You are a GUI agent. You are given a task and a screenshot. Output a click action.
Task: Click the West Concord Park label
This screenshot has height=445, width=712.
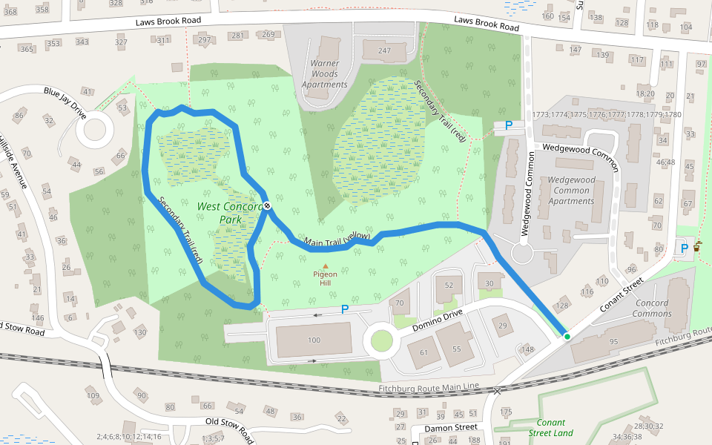tap(231, 213)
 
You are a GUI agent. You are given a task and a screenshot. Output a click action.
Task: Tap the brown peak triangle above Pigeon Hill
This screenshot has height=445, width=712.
tap(325, 266)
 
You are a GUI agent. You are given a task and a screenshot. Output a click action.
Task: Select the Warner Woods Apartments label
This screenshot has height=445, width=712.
tap(324, 74)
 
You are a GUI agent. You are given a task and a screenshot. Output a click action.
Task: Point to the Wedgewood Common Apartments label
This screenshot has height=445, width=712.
tap(571, 191)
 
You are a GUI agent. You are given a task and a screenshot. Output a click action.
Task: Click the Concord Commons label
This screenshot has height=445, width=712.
tap(652, 309)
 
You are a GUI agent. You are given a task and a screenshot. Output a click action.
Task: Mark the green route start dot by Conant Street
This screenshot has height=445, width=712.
tap(567, 337)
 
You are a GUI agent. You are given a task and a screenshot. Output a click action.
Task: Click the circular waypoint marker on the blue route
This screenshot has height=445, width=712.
tap(266, 205)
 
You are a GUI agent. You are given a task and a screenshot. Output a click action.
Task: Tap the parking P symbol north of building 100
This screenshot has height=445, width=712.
tap(345, 309)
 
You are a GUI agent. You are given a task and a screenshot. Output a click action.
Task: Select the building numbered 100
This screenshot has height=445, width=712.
tap(314, 340)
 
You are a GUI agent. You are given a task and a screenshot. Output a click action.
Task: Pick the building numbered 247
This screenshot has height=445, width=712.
tap(383, 50)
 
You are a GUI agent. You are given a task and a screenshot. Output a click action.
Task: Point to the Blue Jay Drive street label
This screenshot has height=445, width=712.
tap(65, 103)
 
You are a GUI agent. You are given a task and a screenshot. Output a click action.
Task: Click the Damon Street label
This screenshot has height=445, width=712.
tap(450, 428)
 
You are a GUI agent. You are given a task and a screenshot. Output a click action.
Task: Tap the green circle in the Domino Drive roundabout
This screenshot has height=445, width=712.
tap(381, 341)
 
